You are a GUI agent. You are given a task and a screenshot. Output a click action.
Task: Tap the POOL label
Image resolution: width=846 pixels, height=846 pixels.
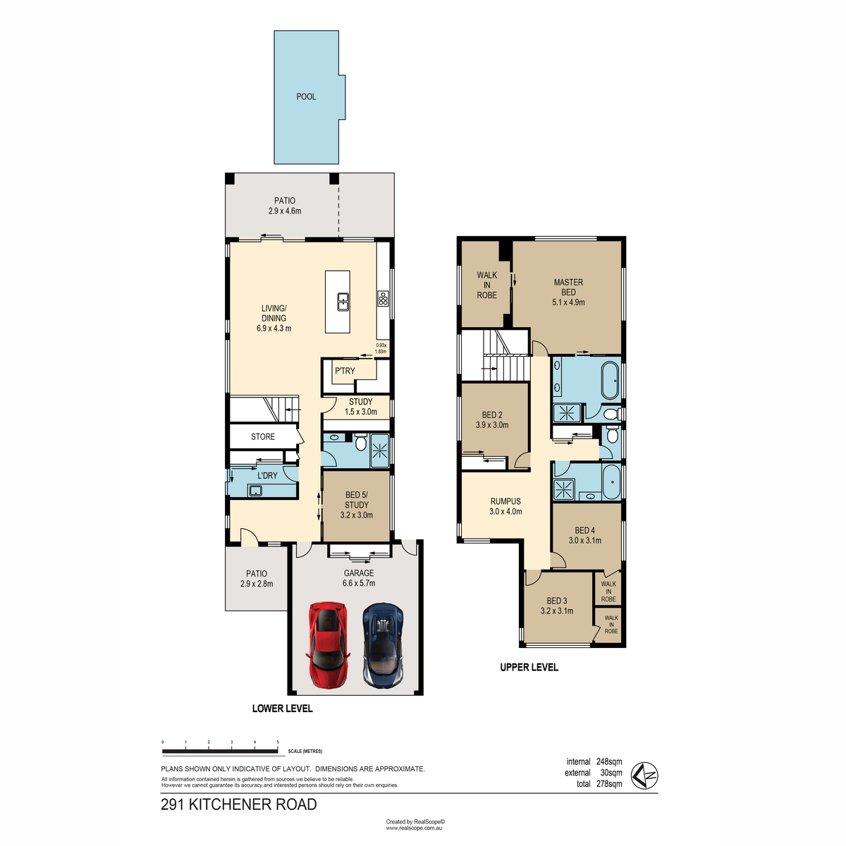(306, 97)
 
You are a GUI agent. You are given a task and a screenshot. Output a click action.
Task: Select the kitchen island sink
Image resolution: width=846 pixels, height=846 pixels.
(343, 301)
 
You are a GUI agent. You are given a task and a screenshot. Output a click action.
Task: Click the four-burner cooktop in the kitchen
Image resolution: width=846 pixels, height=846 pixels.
(383, 298)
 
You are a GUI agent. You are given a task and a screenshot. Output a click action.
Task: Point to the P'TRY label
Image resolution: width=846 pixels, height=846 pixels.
(345, 371)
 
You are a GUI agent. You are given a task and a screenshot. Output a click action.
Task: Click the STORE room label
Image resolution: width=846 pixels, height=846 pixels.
(262, 436)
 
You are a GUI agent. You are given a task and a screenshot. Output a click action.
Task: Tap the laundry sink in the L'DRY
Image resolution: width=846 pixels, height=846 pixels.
(255, 490)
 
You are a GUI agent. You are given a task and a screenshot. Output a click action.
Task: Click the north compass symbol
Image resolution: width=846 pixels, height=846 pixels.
(644, 775)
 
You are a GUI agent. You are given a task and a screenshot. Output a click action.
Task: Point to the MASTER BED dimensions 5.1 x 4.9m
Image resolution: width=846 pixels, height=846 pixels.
(568, 302)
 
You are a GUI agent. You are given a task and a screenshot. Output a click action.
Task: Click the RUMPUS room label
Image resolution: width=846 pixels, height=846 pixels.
(505, 501)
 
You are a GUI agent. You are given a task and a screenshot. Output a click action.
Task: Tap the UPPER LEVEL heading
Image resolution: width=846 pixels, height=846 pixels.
(529, 667)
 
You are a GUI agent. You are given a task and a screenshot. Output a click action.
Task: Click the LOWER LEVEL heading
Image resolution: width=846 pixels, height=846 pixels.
(282, 708)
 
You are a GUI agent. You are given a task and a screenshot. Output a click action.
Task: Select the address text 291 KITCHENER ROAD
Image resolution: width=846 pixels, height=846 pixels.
(239, 804)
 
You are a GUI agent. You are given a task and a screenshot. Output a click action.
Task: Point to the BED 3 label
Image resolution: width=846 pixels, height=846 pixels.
(557, 601)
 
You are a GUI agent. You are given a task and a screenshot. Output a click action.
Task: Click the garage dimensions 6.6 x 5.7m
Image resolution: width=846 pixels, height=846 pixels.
(359, 583)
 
